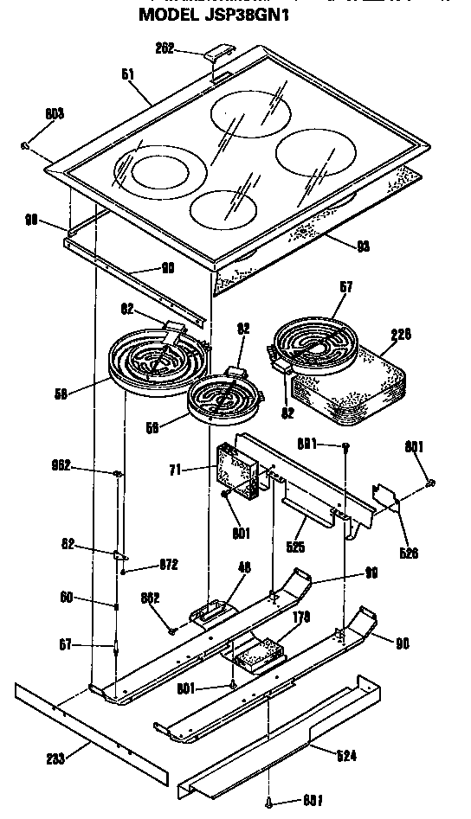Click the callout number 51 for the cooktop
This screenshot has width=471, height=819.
pyautogui.click(x=128, y=75)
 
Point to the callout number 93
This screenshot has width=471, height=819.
pyautogui.click(x=363, y=246)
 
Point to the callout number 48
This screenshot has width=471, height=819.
pyautogui.click(x=243, y=567)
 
